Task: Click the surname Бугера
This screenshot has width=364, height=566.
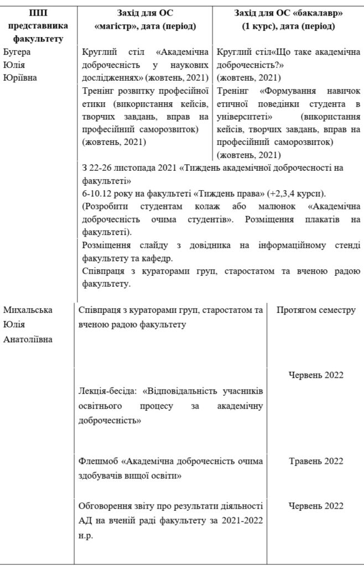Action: coord(17,53)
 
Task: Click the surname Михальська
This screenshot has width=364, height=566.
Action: coord(28,310)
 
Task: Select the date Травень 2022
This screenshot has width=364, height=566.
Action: coord(316,461)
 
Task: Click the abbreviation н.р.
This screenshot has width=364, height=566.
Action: coord(86,535)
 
